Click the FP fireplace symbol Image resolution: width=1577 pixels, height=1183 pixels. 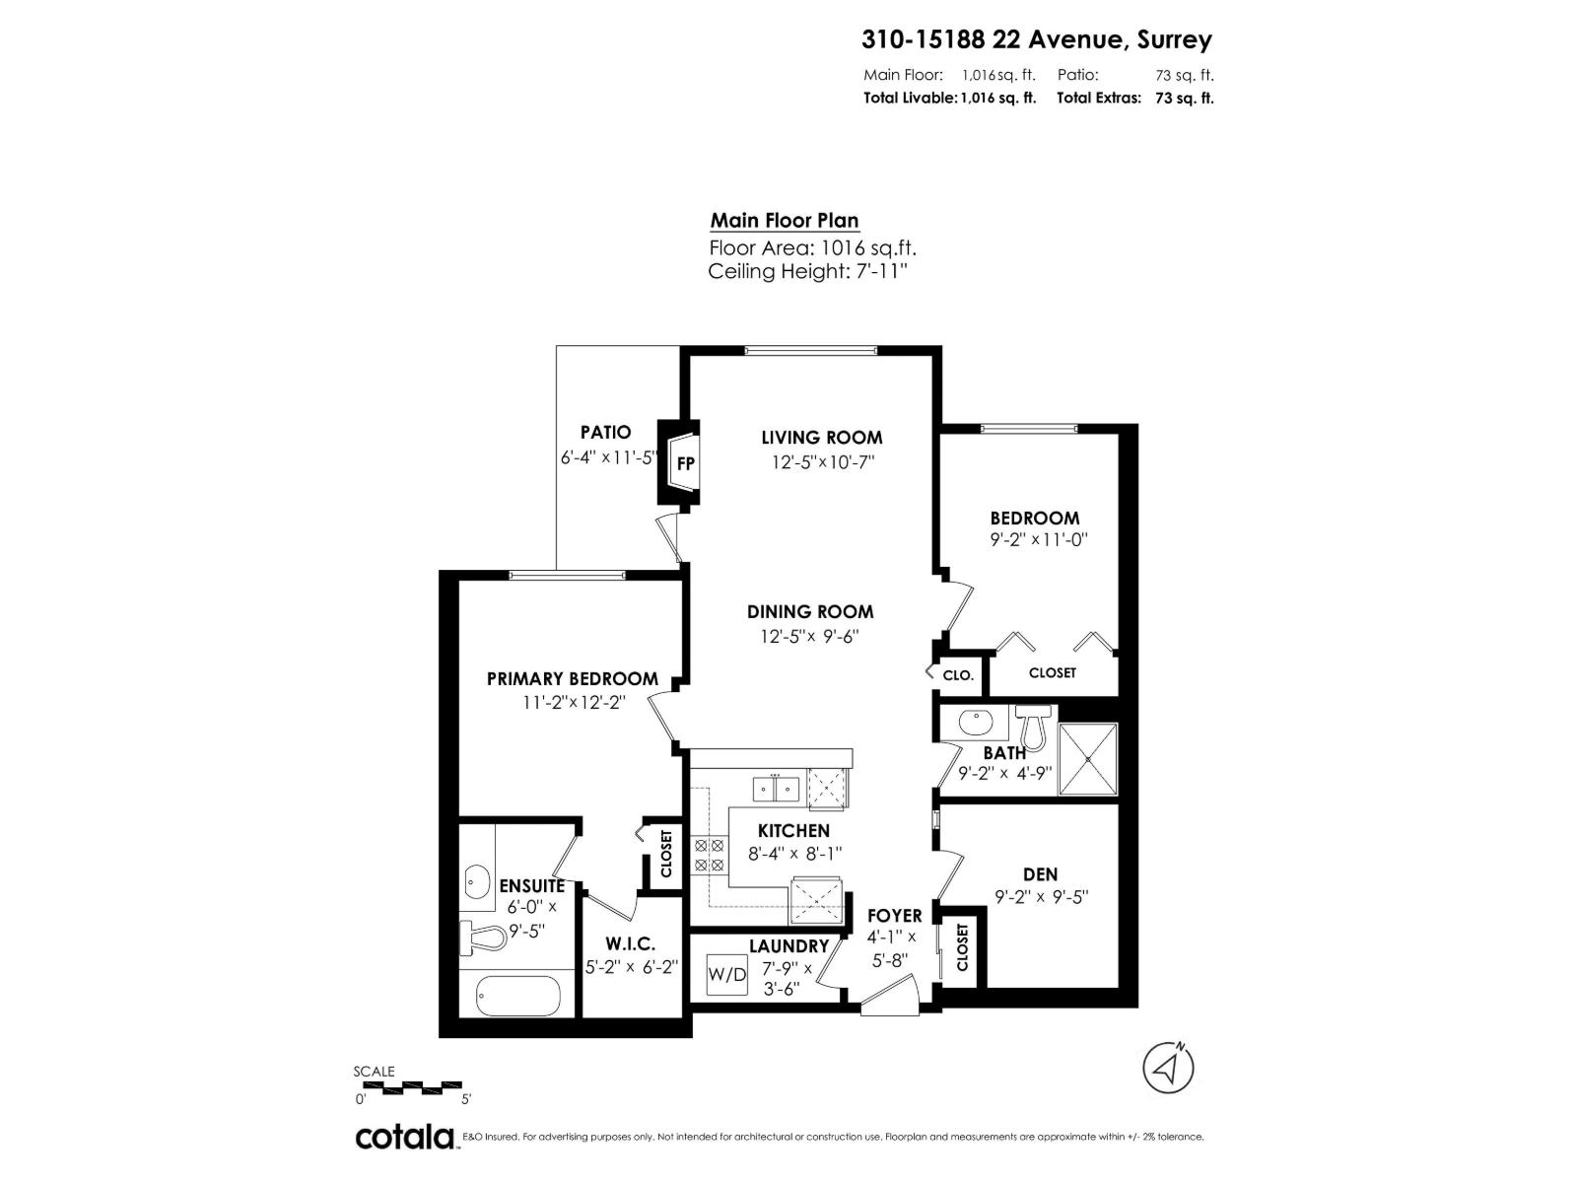click(685, 462)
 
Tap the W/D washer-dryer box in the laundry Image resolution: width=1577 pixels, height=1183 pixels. click(727, 975)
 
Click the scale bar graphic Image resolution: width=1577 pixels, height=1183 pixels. click(408, 1086)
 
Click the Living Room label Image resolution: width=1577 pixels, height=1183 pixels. click(821, 438)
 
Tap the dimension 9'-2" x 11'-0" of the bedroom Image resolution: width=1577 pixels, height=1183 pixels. click(1038, 540)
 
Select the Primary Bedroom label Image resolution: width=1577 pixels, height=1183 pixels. click(572, 679)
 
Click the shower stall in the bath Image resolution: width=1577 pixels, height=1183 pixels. click(1088, 759)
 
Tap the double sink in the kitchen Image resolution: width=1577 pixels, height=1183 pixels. click(776, 790)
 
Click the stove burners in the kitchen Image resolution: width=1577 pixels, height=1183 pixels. click(708, 855)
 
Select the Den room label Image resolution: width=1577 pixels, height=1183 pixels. click(1040, 874)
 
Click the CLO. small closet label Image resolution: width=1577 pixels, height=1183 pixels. click(958, 675)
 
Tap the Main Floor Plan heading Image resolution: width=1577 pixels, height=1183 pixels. click(785, 221)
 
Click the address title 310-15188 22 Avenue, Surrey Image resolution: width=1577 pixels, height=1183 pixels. click(1036, 39)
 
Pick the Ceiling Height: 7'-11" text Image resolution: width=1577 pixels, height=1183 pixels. click(806, 272)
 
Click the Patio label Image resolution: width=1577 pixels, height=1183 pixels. click(605, 432)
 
